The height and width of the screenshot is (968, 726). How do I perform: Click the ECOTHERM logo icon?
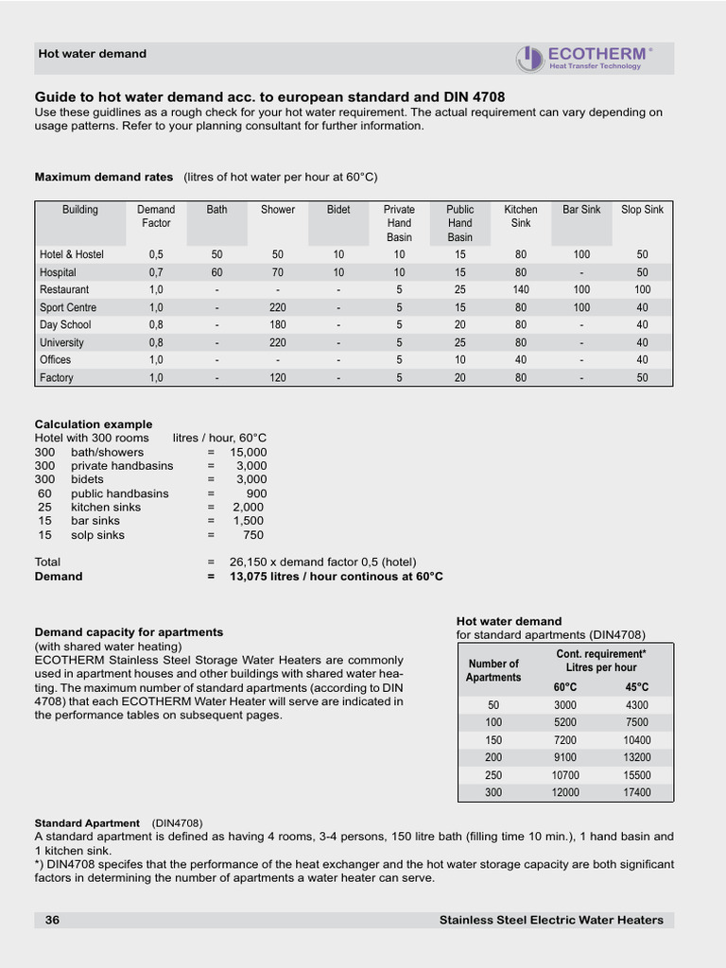point(529,59)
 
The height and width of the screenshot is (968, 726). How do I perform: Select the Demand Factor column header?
point(156,216)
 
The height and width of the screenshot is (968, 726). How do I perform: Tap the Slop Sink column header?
point(642,210)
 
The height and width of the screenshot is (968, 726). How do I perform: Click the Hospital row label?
point(58,272)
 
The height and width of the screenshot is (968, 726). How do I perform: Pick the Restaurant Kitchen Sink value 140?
point(520,290)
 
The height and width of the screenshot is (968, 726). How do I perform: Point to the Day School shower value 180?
point(278,325)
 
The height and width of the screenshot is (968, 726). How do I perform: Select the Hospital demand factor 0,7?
point(156,272)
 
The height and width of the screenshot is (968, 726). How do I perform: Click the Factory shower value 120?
point(278,378)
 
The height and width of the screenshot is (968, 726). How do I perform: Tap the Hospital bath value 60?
point(217,272)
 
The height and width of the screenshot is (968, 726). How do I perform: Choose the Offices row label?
point(55,360)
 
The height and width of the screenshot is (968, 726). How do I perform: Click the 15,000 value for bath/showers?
point(249,453)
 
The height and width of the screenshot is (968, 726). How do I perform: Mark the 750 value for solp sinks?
point(254,535)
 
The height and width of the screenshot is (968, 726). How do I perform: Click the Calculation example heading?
point(94,424)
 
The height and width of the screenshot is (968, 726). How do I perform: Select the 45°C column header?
point(636,687)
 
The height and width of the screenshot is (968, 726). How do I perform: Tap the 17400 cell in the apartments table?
point(637,793)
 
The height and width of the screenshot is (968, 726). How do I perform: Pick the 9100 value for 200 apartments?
point(565,757)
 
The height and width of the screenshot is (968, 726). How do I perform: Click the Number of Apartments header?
point(493,670)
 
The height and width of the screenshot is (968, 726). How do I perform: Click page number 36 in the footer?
point(52,920)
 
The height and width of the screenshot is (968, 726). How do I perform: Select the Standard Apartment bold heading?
point(87,823)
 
